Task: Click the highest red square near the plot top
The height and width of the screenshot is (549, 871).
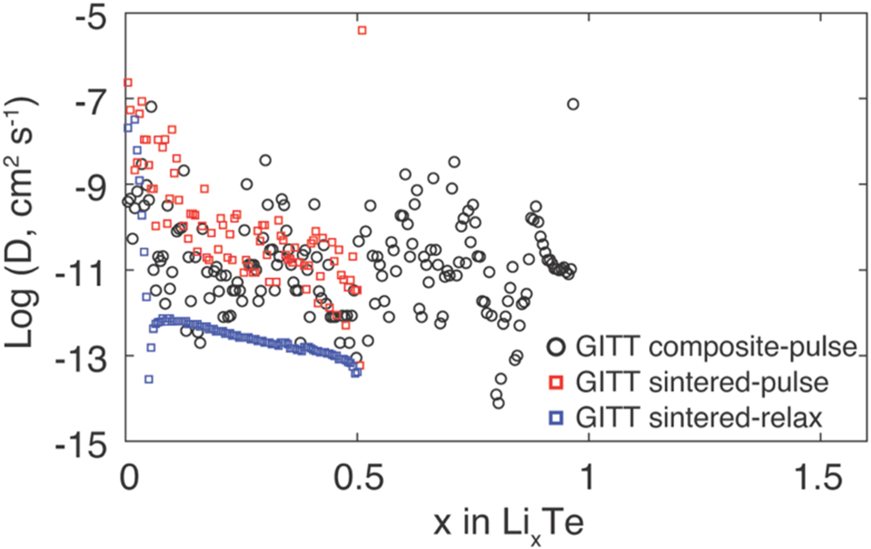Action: [361, 30]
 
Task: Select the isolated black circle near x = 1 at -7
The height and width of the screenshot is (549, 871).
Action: [572, 105]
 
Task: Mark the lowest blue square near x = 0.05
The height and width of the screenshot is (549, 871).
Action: [149, 379]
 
